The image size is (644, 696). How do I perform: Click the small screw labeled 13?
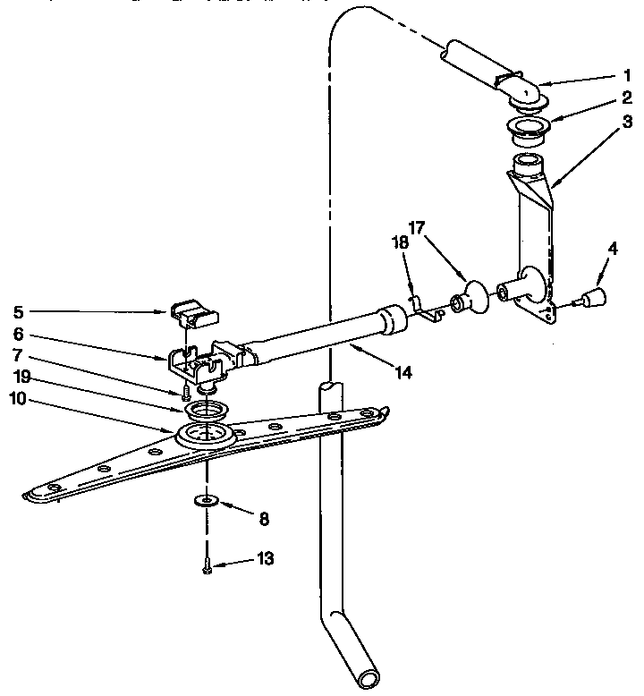[208, 566]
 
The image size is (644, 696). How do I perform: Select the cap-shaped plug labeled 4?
[592, 297]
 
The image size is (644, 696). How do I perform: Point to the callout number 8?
[264, 518]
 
